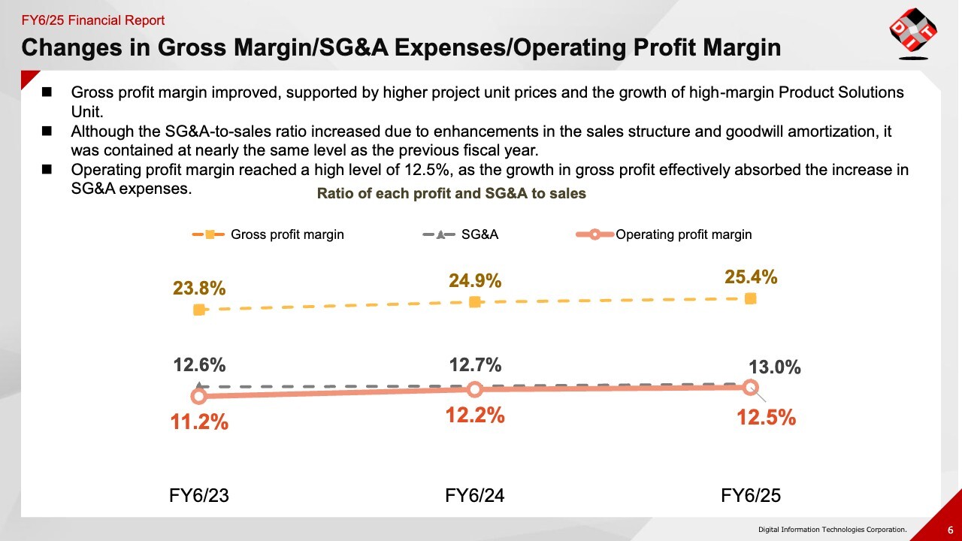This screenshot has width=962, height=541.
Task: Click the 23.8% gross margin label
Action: (199, 289)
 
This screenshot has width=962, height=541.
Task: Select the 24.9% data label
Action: (475, 281)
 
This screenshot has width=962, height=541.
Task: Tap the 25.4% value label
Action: (751, 277)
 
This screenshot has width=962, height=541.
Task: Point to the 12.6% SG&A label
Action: (199, 365)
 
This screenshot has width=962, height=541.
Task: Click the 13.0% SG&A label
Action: (775, 367)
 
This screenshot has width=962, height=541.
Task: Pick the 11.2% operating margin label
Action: (199, 422)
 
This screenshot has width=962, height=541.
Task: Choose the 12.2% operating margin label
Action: (475, 414)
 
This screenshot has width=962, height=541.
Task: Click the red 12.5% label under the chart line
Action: (766, 417)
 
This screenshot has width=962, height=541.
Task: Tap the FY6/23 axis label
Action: (198, 495)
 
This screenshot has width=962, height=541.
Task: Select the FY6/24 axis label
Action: (475, 495)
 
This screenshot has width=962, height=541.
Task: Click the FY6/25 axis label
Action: (751, 495)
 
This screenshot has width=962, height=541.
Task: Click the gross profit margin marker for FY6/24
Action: (475, 302)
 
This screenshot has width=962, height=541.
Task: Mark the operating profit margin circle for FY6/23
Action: (198, 396)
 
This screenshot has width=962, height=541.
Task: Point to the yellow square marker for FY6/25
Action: (750, 299)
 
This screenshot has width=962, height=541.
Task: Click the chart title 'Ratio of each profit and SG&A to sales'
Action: (451, 193)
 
